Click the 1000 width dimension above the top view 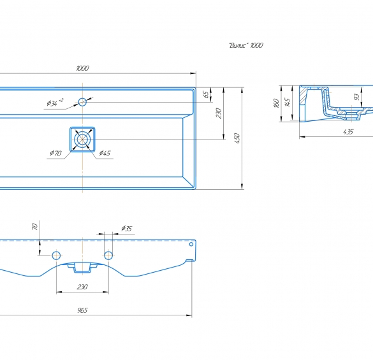(82, 68)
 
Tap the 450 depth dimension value (237, 138)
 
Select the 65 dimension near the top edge (207, 94)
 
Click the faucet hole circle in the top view (82, 102)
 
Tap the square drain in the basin (82, 140)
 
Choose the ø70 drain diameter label (56, 153)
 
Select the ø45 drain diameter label (105, 153)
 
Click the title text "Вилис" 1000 (246, 45)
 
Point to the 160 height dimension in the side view (277, 103)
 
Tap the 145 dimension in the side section (288, 102)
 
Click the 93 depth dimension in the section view (356, 97)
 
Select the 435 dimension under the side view (348, 132)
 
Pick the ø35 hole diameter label (126, 229)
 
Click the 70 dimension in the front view (34, 227)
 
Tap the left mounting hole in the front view (56, 256)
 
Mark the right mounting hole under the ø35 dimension (108, 256)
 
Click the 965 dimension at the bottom (82, 310)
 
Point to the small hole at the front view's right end (191, 244)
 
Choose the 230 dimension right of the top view (219, 113)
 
